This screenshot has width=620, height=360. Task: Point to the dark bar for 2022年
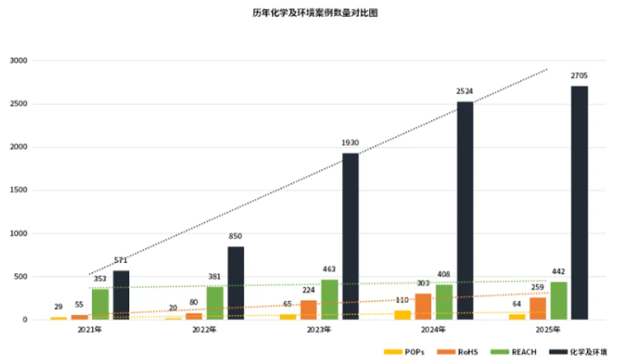(236, 283)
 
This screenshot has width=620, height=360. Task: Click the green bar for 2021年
(100, 304)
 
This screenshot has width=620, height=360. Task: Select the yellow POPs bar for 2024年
(402, 315)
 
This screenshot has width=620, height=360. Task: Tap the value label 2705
(579, 77)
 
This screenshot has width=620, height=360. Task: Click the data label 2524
(464, 91)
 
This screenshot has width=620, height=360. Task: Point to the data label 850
(236, 236)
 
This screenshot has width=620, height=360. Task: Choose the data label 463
(329, 269)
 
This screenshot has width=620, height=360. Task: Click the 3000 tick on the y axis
(18, 61)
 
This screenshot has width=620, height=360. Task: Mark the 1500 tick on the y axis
(18, 191)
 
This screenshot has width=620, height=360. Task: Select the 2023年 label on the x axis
(320, 329)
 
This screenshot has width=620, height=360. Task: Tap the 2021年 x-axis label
(90, 329)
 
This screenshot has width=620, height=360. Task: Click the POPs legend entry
(406, 351)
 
